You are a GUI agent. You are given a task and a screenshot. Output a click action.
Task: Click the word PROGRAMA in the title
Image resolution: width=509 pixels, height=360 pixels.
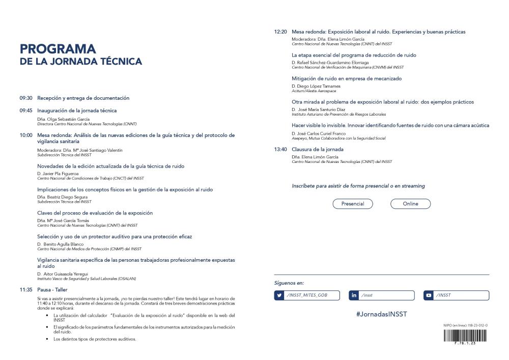click(58, 49)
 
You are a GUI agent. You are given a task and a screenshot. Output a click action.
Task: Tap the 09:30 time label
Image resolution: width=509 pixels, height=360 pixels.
click(26, 98)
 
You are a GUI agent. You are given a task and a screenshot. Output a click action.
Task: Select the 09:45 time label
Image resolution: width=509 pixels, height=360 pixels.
click(26, 110)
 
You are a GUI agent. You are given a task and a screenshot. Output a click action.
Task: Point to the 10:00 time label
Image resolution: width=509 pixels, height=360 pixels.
click(26, 135)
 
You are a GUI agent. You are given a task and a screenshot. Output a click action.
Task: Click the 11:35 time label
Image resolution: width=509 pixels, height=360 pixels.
click(26, 290)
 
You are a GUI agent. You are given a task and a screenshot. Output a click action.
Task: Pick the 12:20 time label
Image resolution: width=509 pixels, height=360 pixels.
click(280, 32)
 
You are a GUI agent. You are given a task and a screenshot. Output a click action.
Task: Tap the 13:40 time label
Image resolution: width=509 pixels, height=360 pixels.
click(280, 150)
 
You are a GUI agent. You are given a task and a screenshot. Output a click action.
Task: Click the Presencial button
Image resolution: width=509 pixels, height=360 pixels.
click(353, 204)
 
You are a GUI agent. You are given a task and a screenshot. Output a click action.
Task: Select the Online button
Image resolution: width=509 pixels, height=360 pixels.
click(410, 204)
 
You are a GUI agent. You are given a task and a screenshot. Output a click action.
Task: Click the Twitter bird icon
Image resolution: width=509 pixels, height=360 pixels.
click(279, 295)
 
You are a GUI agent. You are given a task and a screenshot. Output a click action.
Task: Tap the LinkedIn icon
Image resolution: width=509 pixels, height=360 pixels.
click(354, 295)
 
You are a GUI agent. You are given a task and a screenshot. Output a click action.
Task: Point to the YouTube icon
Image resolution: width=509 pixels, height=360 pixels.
click(429, 295)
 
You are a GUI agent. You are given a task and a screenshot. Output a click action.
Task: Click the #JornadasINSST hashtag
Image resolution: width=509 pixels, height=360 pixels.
click(382, 314)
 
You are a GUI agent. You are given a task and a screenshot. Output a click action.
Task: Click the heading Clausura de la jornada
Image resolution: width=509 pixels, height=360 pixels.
click(318, 150)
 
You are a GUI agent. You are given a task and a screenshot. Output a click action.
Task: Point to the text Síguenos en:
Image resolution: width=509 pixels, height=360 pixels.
click(289, 283)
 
